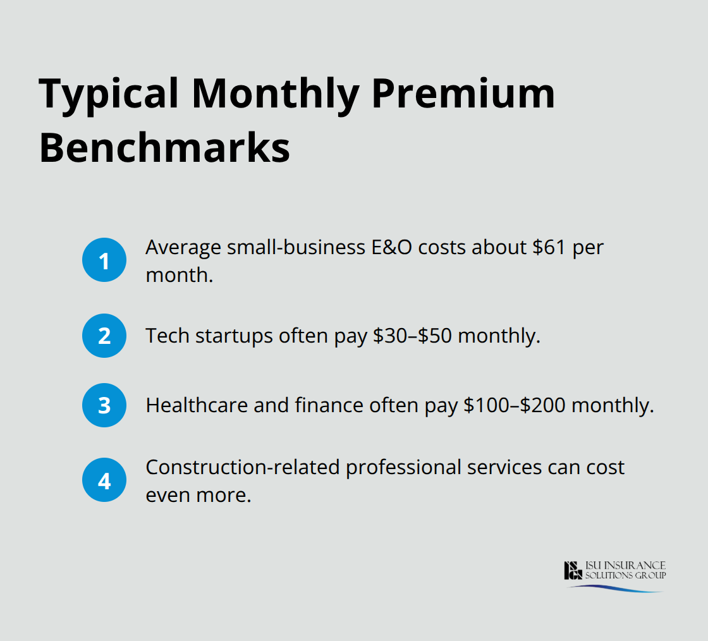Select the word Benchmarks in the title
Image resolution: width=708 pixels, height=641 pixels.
[x=164, y=148]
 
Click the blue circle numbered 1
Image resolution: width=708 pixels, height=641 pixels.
[x=104, y=260]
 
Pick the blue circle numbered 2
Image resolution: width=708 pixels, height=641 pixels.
[x=104, y=336]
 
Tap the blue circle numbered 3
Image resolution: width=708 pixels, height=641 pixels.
[x=104, y=405]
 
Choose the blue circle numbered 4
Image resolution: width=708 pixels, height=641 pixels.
[x=104, y=480]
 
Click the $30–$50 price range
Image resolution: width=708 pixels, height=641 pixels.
[x=412, y=336]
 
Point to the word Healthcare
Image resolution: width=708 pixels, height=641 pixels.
[x=197, y=405]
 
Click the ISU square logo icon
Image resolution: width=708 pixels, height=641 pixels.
[x=573, y=570]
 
